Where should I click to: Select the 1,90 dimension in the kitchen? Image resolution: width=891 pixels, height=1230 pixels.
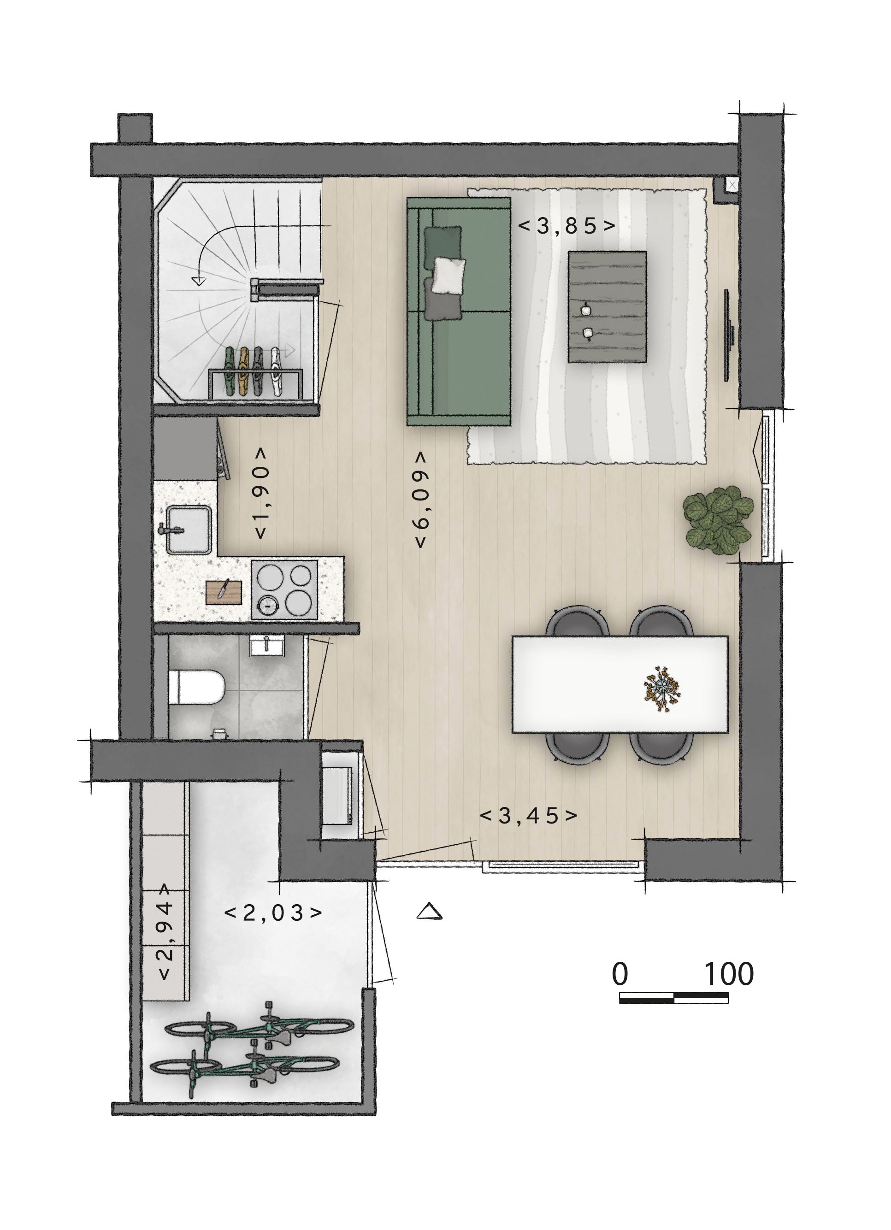(261, 493)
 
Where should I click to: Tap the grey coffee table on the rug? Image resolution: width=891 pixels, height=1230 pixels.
(607, 306)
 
